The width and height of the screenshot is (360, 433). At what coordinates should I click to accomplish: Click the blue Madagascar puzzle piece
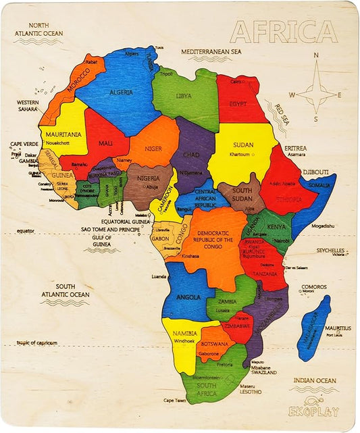pos(314,327)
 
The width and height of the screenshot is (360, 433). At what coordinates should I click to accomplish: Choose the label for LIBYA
pos(183,96)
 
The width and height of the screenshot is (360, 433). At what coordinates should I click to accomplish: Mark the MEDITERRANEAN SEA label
pos(210,51)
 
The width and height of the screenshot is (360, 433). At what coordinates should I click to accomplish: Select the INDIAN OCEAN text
pos(314,381)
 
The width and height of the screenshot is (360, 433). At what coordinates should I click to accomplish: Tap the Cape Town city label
pos(174,400)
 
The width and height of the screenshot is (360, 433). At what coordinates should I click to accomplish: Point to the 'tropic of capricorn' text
pos(37,343)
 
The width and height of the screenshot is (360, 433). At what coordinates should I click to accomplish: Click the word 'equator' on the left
pos(26,231)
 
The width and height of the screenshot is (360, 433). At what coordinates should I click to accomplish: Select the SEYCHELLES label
pos(332,250)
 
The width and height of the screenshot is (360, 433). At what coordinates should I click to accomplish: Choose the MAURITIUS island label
pos(338,328)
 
